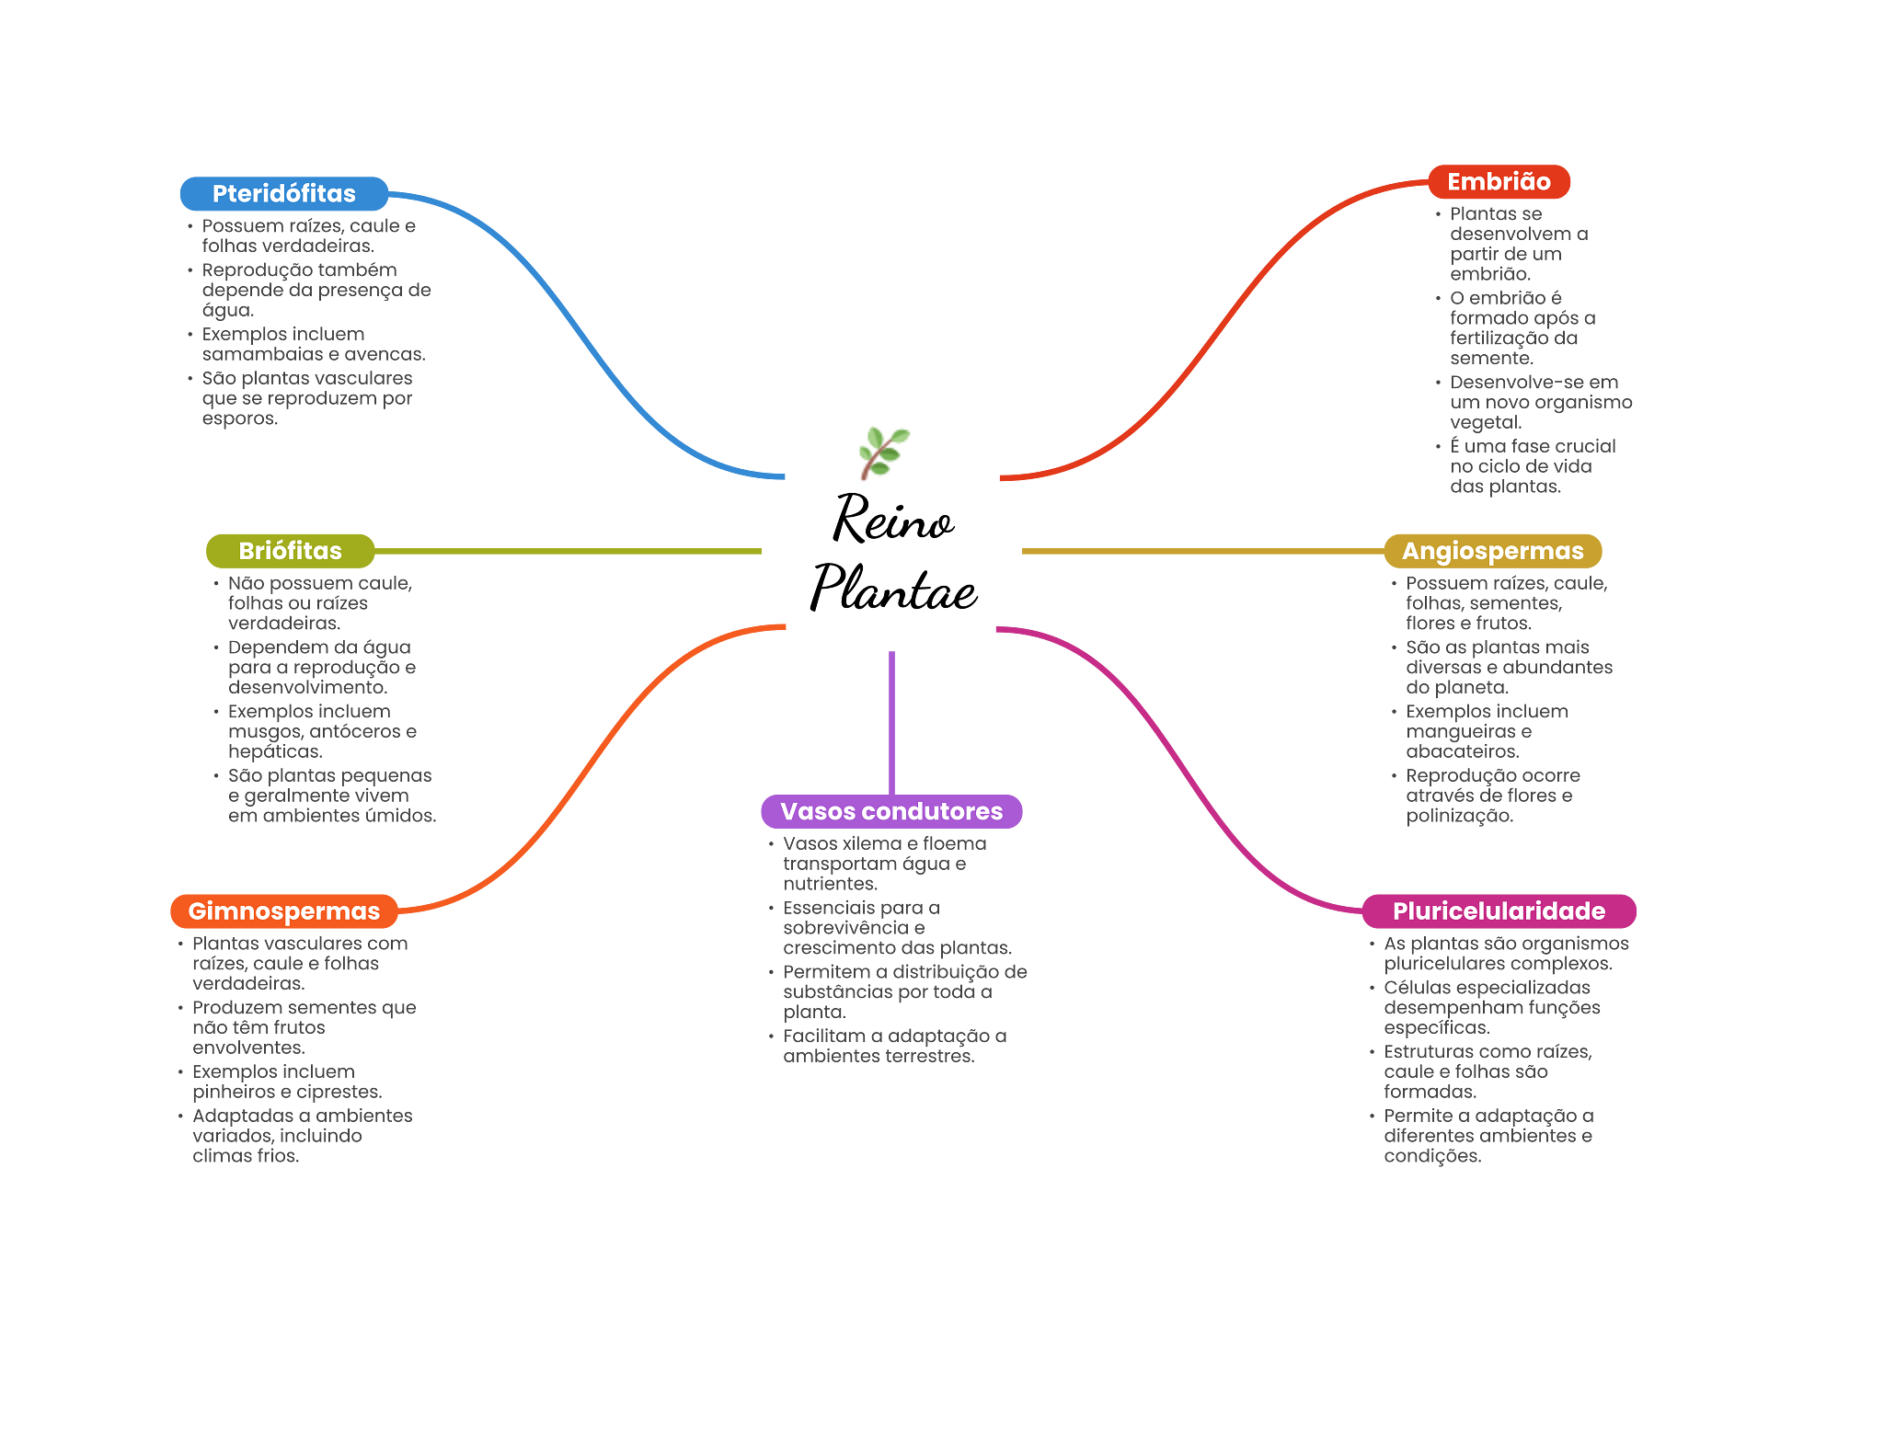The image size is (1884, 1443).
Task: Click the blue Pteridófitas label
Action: click(283, 193)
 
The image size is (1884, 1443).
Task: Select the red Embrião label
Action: click(1499, 181)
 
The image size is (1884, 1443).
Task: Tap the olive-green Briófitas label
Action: click(290, 550)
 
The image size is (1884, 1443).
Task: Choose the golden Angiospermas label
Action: click(1492, 550)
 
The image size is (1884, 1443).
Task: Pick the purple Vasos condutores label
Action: click(890, 811)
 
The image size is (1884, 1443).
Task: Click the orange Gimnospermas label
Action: click(283, 910)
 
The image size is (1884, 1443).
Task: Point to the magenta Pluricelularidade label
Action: click(1499, 910)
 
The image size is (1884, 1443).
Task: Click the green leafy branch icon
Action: click(883, 452)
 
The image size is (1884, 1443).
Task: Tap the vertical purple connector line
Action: click(891, 722)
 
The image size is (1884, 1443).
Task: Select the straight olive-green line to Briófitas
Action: click(570, 551)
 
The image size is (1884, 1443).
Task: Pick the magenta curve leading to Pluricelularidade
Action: click(1187, 773)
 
